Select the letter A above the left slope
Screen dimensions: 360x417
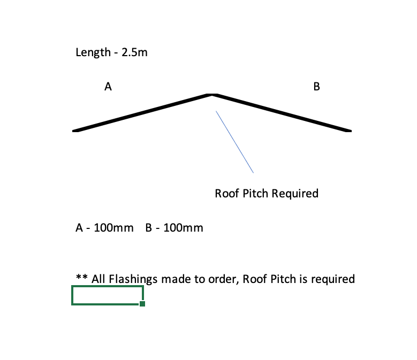(108, 87)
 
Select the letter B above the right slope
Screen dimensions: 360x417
(316, 87)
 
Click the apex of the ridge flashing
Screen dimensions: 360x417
(212, 95)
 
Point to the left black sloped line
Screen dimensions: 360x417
(142, 113)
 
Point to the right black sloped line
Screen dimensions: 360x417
(282, 113)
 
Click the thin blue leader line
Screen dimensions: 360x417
(234, 142)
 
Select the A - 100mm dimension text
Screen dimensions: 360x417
(104, 228)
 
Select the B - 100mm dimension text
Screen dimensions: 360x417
(174, 228)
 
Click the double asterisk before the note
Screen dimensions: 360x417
(82, 278)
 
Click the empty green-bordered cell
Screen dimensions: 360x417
(107, 295)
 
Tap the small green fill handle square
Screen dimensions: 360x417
(142, 304)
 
